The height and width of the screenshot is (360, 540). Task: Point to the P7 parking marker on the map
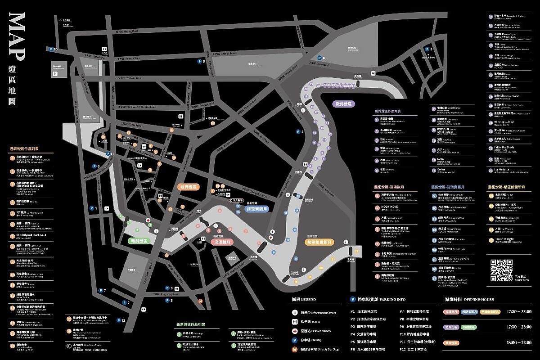(x=100, y=291)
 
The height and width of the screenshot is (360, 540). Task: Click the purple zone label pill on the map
(x=345, y=104)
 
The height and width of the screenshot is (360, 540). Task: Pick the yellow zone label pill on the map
(x=319, y=242)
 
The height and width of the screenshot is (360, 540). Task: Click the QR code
(x=501, y=271)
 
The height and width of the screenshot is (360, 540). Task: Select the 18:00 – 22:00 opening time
(x=518, y=342)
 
